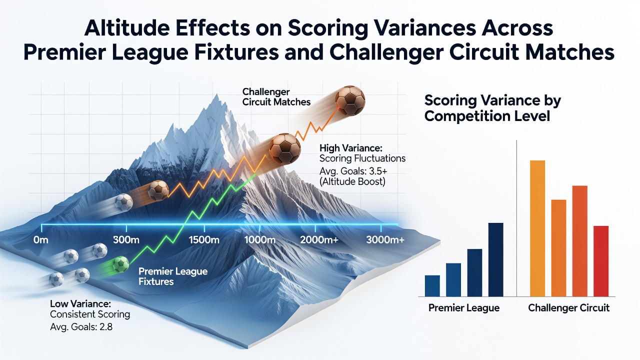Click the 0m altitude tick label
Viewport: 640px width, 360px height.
coord(41,239)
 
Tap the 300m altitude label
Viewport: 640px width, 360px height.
coord(126,239)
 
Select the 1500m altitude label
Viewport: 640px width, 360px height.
coord(204,239)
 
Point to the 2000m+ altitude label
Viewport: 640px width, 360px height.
coord(319,239)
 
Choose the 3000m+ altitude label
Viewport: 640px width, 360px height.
coord(385,239)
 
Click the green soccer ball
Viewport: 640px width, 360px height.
coord(121,264)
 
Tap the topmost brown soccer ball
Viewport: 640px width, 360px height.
coord(349,100)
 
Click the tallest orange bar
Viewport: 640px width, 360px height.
coord(537,228)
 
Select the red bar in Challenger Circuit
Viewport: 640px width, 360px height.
coord(601,261)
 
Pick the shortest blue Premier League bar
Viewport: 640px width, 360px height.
coord(432,285)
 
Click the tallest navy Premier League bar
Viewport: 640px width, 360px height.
coord(495,259)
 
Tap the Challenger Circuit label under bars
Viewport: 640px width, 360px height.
coord(569,307)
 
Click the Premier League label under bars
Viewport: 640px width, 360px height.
coord(464,307)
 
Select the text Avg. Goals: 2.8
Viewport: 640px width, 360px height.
coord(81,326)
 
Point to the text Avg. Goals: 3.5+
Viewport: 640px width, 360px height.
coord(353,171)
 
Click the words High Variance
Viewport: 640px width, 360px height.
coord(349,148)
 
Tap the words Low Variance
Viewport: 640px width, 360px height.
coord(79,303)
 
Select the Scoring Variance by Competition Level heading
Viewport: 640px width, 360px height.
coord(492,108)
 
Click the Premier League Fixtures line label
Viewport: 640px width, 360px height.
coord(173,276)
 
